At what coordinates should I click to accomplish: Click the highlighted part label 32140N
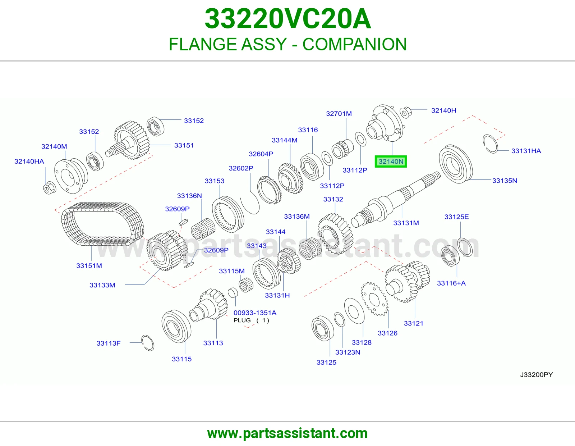coord(391,161)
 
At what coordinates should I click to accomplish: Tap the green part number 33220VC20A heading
coord(287,19)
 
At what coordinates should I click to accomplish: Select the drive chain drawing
coord(103,224)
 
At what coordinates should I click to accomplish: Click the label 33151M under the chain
coord(89,266)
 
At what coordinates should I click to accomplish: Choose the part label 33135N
coord(504,181)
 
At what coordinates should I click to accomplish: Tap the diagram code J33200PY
coord(536,374)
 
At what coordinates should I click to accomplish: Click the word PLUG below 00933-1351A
coord(242,320)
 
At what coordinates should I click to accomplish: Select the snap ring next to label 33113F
coord(148,343)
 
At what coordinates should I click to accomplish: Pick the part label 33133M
coord(102,285)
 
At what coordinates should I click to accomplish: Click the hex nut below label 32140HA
coord(49,188)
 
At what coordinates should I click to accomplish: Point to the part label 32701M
coord(339,114)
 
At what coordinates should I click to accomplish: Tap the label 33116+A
coord(451,283)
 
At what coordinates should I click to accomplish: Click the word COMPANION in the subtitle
coord(355,44)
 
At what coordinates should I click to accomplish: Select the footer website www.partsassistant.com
coord(287,433)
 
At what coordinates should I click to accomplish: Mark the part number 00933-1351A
coord(255,313)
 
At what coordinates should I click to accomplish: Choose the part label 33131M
coord(406,223)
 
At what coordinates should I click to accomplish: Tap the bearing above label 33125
coord(323,328)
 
